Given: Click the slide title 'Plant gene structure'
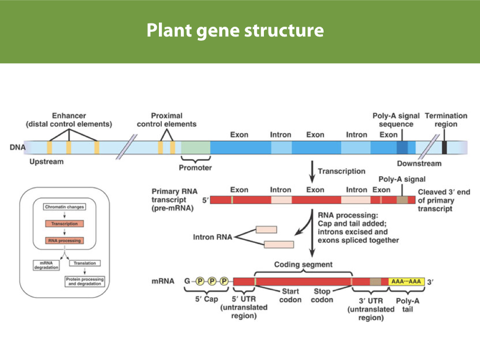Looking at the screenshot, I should point(235,31).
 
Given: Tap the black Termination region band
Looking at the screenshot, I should point(444,147).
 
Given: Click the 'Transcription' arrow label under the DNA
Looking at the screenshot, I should point(341,171).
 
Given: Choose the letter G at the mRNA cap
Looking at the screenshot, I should point(188,282).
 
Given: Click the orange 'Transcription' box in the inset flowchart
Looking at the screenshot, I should point(64,224).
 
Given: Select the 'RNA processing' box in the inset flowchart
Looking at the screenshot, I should point(64,240).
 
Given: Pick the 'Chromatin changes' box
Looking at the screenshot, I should point(64,207).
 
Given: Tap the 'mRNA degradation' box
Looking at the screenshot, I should point(46,265).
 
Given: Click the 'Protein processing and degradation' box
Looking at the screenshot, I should point(85,281).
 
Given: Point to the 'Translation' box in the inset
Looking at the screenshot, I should point(85,263).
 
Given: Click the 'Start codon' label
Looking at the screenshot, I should point(291,295).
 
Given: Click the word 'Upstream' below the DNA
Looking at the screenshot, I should point(47,162).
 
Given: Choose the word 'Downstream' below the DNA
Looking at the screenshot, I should point(419,164).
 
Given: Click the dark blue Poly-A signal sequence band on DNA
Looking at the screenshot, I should point(402,147).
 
